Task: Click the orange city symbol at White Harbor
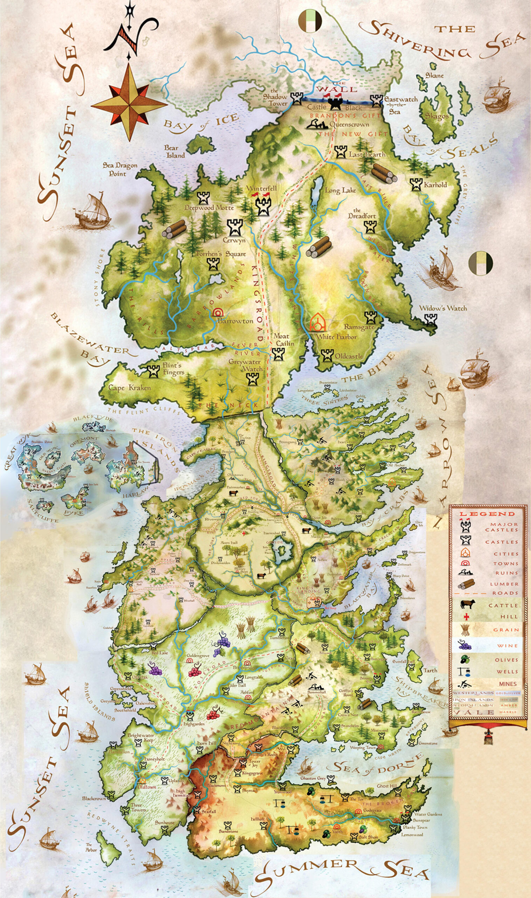click(x=317, y=323)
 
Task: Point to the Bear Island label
click(x=175, y=152)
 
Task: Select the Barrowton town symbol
click(x=216, y=312)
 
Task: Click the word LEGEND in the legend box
click(x=487, y=514)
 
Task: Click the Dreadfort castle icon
click(x=369, y=226)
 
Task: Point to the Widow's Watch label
click(x=443, y=308)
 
